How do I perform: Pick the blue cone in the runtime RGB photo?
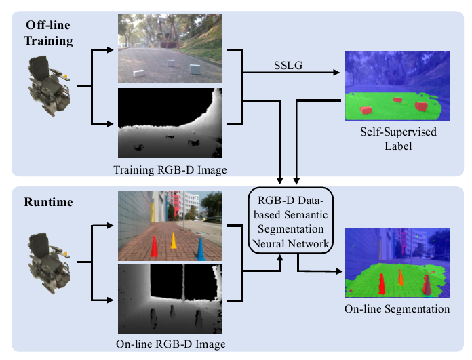[201, 248]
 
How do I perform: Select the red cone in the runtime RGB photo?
[154, 247]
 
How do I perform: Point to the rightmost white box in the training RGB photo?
[195, 68]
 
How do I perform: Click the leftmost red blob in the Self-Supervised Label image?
[366, 109]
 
